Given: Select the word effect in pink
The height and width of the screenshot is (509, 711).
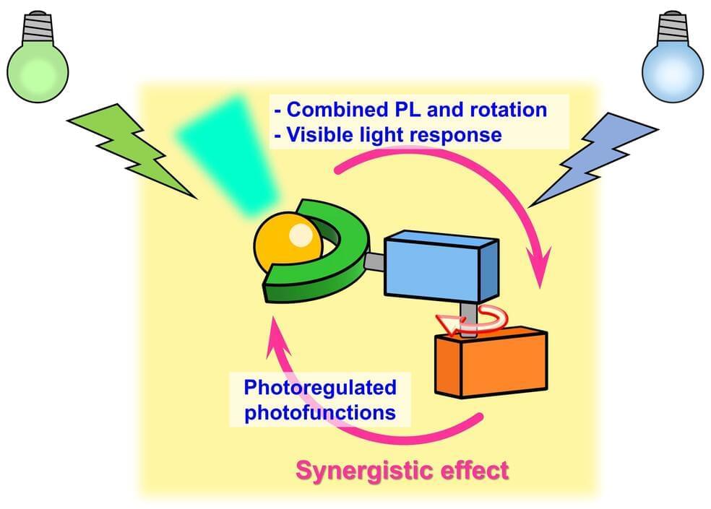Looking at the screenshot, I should tap(473, 471).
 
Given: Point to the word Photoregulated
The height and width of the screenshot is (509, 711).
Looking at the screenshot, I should tap(320, 387).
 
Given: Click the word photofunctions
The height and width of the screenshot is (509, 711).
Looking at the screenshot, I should tap(320, 413).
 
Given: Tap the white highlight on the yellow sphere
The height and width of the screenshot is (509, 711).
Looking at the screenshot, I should tap(301, 234).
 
